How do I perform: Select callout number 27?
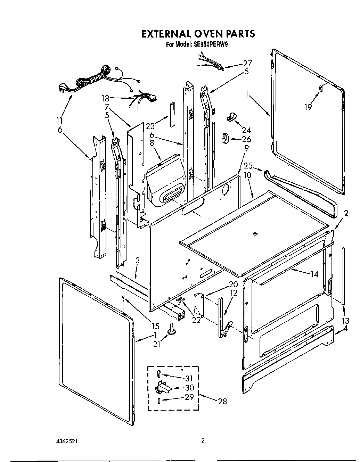pos(247,63)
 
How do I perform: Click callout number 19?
pos(308,107)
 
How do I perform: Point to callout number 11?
pos(59,121)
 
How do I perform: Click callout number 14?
pos(314,274)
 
